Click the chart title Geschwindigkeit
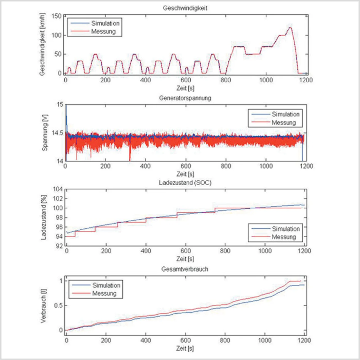pyautogui.click(x=185, y=8)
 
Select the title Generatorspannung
pyautogui.click(x=185, y=98)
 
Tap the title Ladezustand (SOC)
pyautogui.click(x=185, y=183)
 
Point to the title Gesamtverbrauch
pyautogui.click(x=185, y=269)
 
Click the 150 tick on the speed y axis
pyautogui.click(x=56, y=16)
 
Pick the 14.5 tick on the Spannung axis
pyautogui.click(x=57, y=133)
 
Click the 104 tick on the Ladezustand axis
pyautogui.click(x=58, y=189)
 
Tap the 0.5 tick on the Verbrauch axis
pyautogui.click(x=58, y=305)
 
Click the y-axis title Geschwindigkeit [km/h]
pyautogui.click(x=42, y=44)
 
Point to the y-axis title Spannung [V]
pyautogui.click(x=45, y=133)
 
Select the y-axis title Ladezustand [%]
pyautogui.click(x=44, y=218)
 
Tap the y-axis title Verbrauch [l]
pyautogui.click(x=43, y=306)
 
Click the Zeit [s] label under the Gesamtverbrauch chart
pyautogui.click(x=185, y=348)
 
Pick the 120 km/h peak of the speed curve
pyautogui.click(x=290, y=28)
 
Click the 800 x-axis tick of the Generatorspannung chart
pyautogui.click(x=226, y=166)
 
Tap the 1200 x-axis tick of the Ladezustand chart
pyautogui.click(x=304, y=251)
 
